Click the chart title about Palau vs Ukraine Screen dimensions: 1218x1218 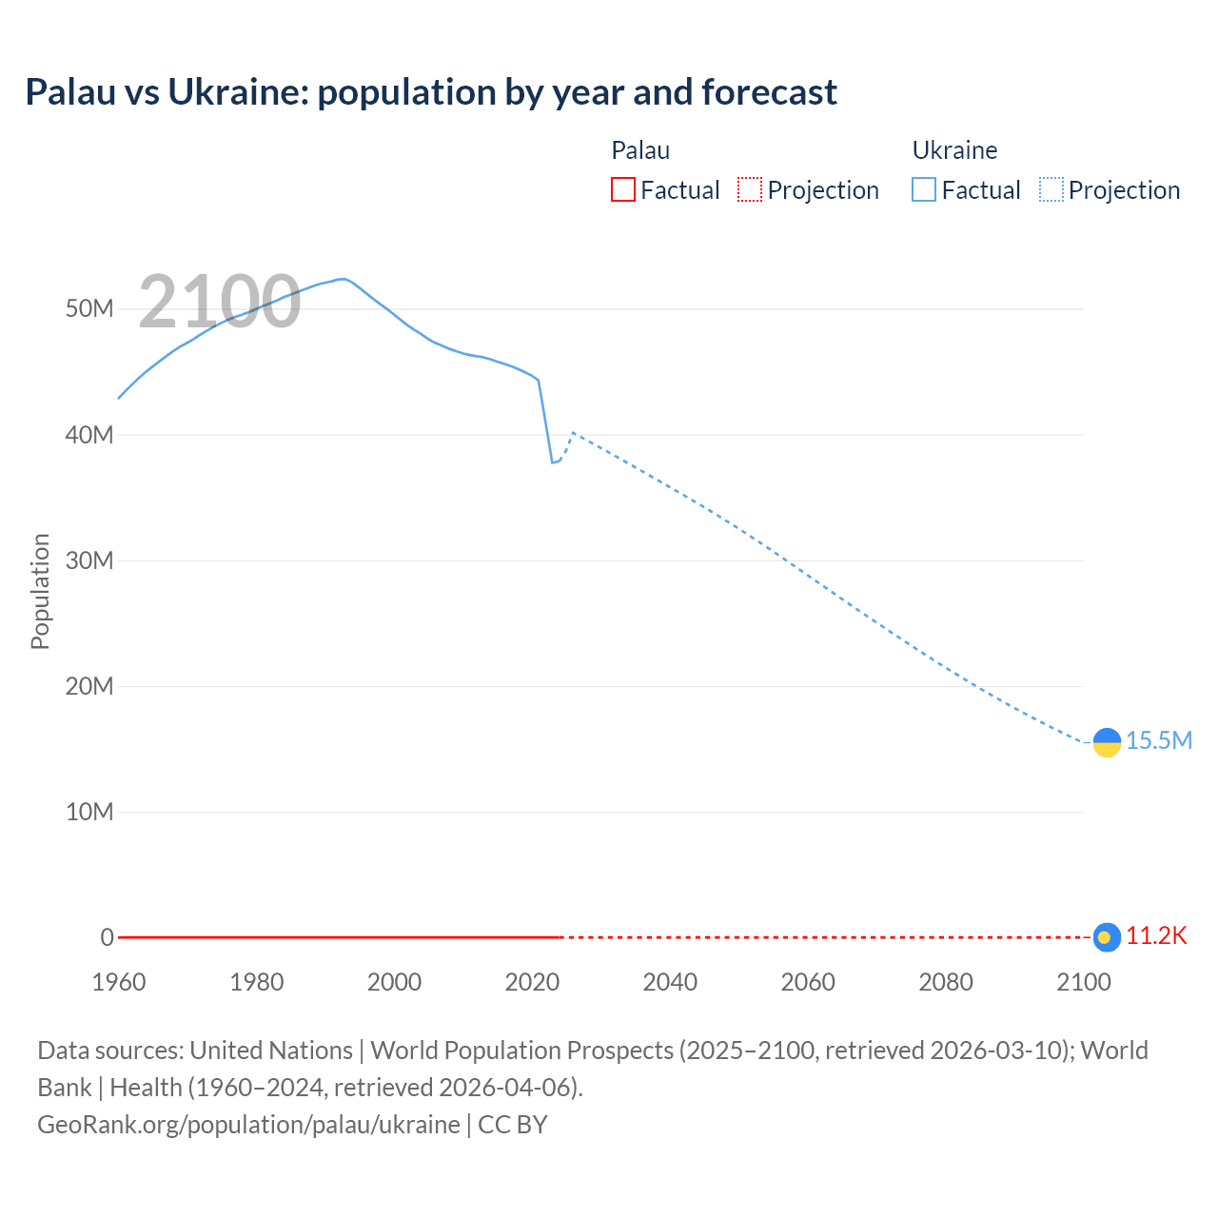point(431,92)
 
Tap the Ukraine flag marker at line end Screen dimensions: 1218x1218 point(1107,742)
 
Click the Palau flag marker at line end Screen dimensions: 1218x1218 point(1106,937)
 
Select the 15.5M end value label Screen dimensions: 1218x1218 point(1159,741)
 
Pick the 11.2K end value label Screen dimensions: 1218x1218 point(1157,936)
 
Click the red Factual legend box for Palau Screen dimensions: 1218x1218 point(623,189)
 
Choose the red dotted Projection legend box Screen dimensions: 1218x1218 point(750,189)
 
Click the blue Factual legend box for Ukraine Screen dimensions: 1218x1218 point(924,189)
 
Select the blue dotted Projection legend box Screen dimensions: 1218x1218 point(1051,189)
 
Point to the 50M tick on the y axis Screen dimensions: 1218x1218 point(89,309)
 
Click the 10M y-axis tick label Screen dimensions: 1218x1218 point(89,812)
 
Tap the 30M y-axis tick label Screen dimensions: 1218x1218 point(89,560)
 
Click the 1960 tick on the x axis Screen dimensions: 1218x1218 point(119,982)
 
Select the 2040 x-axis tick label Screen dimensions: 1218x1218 point(670,982)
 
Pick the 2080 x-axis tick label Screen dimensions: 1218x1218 point(946,982)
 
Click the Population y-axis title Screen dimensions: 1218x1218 point(40,591)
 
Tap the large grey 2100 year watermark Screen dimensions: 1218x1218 point(220,302)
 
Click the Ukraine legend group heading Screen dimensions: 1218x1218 point(954,150)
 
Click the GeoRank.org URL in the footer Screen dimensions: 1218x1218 point(248,1125)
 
